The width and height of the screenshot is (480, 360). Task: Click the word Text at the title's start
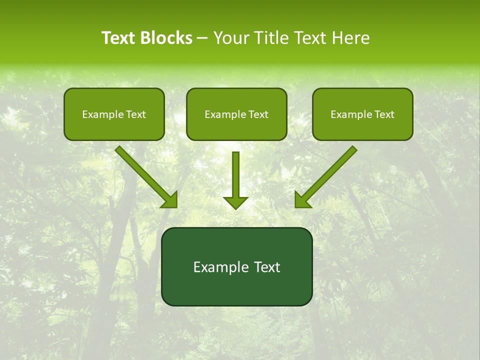(x=118, y=38)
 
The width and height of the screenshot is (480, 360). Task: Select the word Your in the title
(x=230, y=38)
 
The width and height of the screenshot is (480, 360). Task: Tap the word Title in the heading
(x=271, y=38)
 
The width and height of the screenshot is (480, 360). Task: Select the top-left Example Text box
(x=114, y=114)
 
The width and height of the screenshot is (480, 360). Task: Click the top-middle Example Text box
(x=236, y=114)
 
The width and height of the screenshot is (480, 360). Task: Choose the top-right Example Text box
(x=362, y=114)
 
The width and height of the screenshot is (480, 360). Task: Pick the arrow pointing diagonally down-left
(x=328, y=174)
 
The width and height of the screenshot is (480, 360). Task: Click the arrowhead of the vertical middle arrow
(x=235, y=202)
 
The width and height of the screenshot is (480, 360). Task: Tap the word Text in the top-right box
(x=384, y=114)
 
